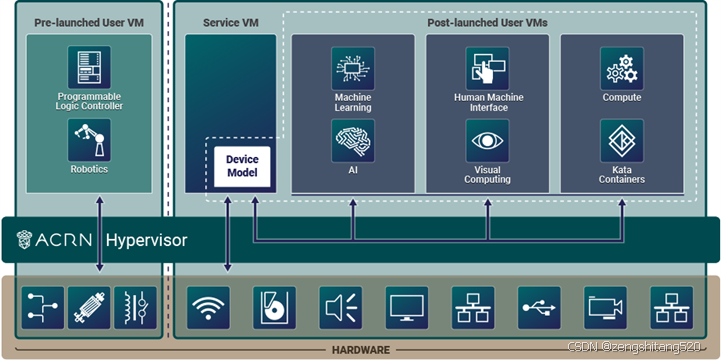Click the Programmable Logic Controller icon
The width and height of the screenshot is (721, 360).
pos(89,67)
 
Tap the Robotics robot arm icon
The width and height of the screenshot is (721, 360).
pos(89,140)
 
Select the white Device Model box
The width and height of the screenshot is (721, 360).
pos(242,166)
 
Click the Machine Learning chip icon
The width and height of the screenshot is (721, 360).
pos(352,68)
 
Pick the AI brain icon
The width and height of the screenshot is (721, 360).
pos(352,141)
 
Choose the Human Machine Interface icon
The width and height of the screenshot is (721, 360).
pos(487,68)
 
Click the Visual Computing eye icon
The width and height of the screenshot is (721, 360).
pos(487,141)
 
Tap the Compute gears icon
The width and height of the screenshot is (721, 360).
pos(621,68)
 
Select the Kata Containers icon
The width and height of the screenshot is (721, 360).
pos(621,141)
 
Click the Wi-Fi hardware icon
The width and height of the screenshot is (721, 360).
pos(208,308)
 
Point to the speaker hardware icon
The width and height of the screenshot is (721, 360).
pos(341,308)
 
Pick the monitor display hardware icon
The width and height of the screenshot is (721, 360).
pos(407,308)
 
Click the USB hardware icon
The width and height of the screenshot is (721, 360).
pos(540,308)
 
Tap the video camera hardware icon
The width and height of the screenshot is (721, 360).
pos(606,308)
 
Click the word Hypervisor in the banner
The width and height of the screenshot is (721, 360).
pos(146,241)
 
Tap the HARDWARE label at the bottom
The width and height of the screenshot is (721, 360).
pos(360,349)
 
